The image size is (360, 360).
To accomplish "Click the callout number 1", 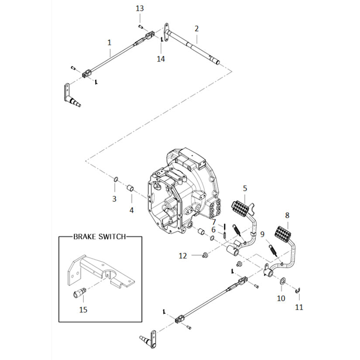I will click(x=109, y=42).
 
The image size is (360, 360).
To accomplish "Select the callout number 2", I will click(x=196, y=29).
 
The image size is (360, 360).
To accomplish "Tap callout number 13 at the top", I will click(x=140, y=8).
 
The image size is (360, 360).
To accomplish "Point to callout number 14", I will click(x=161, y=58).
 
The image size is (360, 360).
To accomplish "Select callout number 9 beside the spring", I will click(x=263, y=234).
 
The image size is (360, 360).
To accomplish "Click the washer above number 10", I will click(x=282, y=281).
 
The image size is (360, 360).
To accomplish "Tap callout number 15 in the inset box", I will click(x=83, y=310).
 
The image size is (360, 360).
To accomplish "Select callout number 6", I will click(x=214, y=230).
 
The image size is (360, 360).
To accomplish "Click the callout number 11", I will click(x=299, y=307).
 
